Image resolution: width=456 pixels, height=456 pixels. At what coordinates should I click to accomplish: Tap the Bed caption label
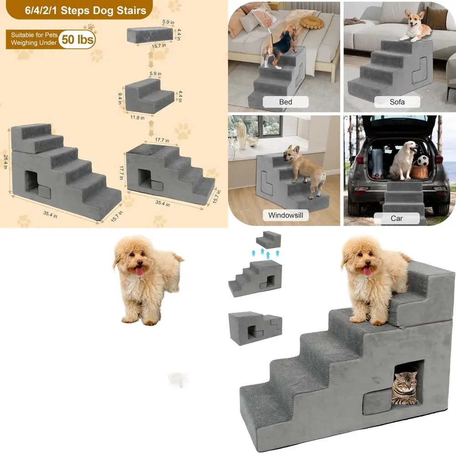point(285,102)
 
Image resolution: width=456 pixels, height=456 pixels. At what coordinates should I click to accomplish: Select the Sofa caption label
point(397,102)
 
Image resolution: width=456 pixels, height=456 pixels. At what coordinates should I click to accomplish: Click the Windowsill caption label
point(285,215)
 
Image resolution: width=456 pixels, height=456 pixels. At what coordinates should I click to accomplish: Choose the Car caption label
point(397,218)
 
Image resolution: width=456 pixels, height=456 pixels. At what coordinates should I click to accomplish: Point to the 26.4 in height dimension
point(6,160)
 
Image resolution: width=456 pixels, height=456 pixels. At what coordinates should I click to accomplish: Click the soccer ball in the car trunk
point(423,161)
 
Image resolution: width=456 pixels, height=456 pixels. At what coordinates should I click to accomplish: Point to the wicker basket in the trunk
point(420,171)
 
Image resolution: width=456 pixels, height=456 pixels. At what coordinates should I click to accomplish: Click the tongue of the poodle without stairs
point(137,272)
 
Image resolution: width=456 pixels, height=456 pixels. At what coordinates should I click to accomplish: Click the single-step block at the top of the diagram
point(148,34)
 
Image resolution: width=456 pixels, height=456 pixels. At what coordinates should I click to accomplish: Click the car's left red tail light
point(360,159)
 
